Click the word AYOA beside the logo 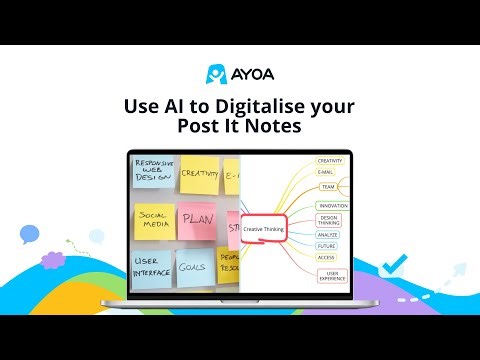251,73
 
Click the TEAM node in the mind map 327,186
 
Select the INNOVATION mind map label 332,205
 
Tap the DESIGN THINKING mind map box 328,220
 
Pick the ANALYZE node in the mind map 327,234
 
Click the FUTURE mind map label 327,245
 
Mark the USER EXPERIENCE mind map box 331,275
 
